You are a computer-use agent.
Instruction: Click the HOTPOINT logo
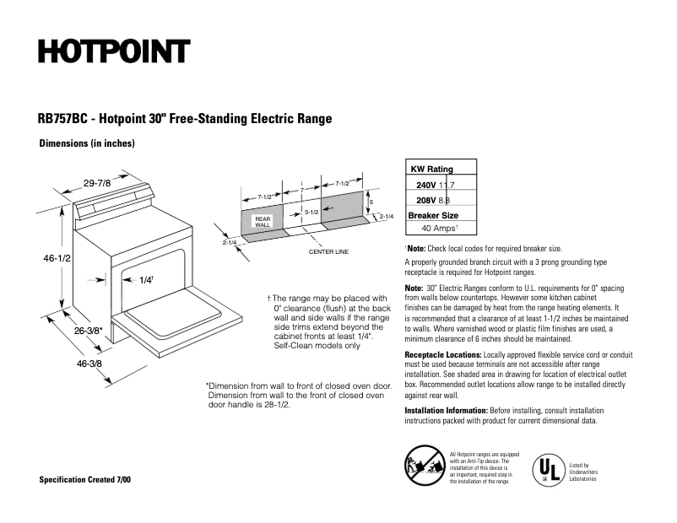[x=113, y=51]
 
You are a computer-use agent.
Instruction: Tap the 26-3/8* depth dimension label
[x=87, y=332]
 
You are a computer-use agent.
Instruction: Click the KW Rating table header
[x=431, y=169]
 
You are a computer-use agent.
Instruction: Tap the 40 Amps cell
[x=440, y=229]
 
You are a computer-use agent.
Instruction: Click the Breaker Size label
[x=433, y=215]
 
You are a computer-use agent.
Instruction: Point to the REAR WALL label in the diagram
[x=263, y=222]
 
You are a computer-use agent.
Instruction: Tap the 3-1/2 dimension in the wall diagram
[x=310, y=213]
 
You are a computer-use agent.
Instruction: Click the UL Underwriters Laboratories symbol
[x=546, y=468]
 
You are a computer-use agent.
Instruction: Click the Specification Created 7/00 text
[x=85, y=480]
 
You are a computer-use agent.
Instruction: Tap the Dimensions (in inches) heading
[x=88, y=143]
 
